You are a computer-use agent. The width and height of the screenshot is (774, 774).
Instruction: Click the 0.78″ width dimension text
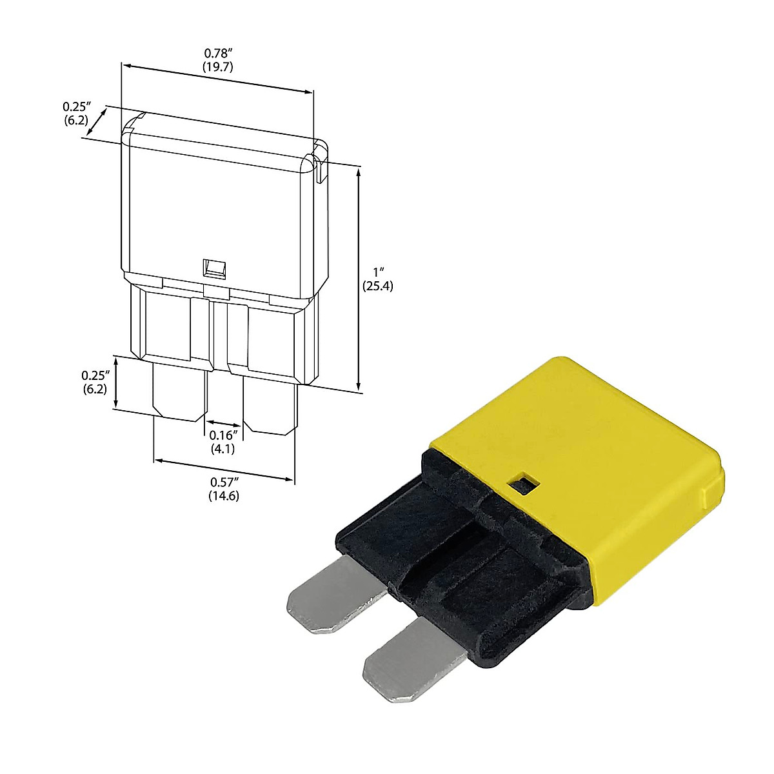pyautogui.click(x=219, y=53)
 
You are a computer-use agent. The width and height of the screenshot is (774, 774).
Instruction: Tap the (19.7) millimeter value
pyautogui.click(x=218, y=66)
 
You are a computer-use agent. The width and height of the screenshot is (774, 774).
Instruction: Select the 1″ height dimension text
pyautogui.click(x=377, y=273)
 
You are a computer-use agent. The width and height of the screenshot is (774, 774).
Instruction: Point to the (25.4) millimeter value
pyautogui.click(x=377, y=286)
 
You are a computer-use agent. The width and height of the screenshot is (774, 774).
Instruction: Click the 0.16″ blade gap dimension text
pyautogui.click(x=224, y=435)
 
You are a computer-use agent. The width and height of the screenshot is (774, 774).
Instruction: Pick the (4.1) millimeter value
pyautogui.click(x=223, y=449)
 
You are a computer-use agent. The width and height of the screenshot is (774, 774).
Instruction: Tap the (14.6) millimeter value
pyautogui.click(x=224, y=495)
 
